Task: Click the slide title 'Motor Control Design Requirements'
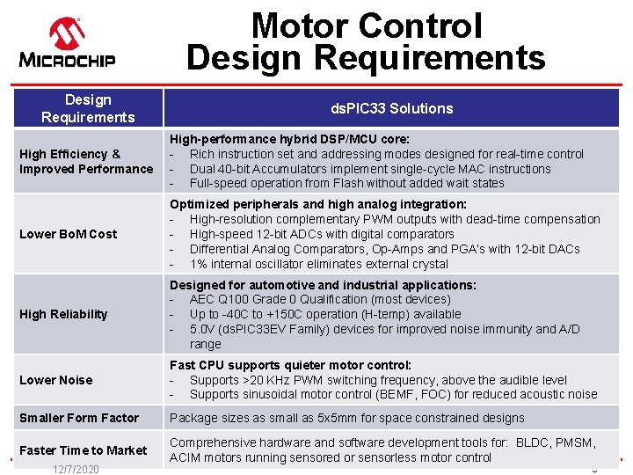point(366,41)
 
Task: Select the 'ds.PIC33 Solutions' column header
point(391,108)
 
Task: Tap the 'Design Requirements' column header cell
point(88,108)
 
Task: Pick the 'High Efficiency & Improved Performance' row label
point(86,161)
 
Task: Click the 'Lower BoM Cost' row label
point(68,234)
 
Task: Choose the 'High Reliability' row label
point(63,314)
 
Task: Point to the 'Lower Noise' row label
point(55,380)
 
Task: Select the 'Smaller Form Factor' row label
point(79,418)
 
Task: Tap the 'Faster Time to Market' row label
point(84,450)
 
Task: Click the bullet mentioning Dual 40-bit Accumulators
point(369,169)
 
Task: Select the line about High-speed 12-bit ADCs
point(321,234)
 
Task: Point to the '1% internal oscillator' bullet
point(319,264)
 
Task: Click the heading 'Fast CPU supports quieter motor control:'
point(290,365)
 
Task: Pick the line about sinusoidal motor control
point(393,395)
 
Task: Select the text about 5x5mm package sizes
point(346,418)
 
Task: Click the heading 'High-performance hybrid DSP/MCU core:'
point(289,139)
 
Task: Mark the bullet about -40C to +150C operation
point(324,314)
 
